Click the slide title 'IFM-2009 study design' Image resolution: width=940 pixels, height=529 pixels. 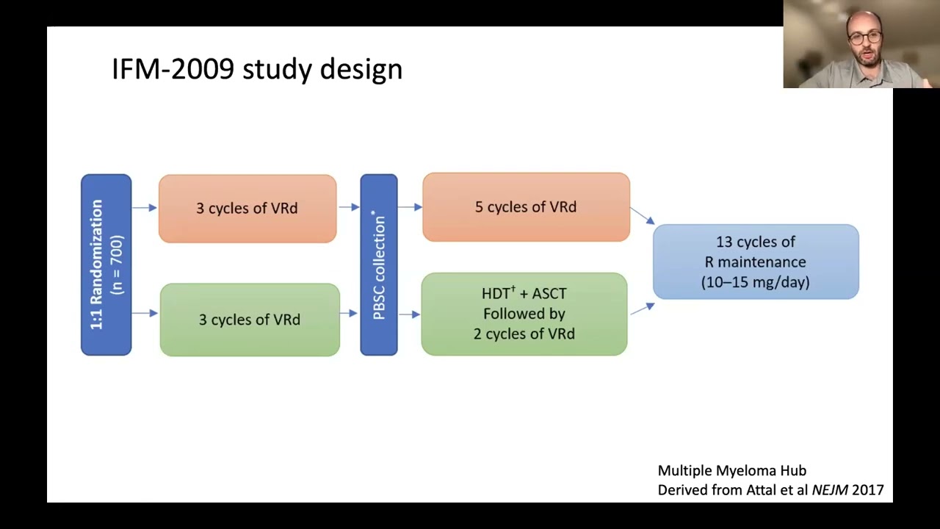257,70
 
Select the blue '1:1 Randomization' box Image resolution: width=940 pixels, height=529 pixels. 106,265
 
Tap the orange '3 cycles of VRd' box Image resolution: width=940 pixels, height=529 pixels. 247,209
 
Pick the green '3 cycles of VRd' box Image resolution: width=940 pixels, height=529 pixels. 250,320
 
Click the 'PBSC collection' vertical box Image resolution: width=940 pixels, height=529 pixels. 379,265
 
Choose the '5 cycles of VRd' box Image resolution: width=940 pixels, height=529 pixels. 527,207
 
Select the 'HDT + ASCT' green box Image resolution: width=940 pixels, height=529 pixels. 524,314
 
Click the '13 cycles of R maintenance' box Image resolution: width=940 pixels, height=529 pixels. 756,262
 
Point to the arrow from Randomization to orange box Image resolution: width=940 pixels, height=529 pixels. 145,207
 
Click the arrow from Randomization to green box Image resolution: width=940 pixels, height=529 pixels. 145,313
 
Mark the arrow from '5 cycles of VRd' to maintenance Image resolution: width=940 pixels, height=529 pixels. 643,215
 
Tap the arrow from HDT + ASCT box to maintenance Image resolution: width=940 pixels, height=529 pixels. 643,309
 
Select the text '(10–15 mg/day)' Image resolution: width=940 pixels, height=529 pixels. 756,281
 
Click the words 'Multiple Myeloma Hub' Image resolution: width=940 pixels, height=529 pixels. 732,471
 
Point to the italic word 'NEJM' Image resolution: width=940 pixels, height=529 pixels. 830,490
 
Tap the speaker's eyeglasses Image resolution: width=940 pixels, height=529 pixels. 865,37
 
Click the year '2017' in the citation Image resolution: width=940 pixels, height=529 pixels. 868,490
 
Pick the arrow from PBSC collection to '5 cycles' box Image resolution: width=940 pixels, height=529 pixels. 410,207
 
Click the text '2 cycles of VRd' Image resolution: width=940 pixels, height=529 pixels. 524,334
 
